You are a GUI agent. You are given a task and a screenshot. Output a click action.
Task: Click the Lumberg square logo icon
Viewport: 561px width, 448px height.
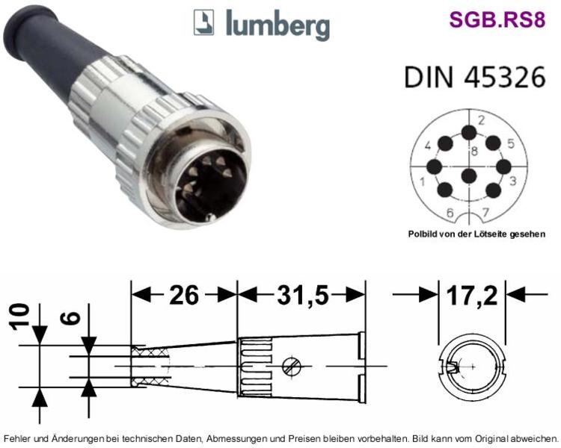[203, 22]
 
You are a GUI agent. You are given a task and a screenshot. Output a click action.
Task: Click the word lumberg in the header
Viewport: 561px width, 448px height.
[278, 25]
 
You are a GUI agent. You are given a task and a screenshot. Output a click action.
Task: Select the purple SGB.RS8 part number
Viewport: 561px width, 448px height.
[497, 19]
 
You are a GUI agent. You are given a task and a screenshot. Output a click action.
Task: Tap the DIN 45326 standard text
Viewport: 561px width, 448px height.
[475, 76]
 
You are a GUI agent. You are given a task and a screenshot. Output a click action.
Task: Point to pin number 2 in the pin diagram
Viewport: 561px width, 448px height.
[481, 120]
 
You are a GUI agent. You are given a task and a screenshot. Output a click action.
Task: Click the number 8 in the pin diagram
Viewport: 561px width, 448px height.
[474, 151]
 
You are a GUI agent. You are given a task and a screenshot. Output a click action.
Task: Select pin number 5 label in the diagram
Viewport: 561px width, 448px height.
[511, 143]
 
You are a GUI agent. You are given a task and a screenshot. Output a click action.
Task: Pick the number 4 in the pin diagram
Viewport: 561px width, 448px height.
[428, 146]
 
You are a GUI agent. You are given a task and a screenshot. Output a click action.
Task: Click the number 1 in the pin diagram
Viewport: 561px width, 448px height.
[422, 181]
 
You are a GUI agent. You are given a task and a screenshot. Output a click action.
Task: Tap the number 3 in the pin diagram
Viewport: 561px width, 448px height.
[512, 181]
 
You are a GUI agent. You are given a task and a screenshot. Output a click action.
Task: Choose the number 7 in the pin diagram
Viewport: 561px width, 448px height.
[485, 213]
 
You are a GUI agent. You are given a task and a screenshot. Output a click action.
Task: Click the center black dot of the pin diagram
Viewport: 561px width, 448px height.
[469, 175]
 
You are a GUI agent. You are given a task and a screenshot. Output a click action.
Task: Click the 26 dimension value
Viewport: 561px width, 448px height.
[183, 296]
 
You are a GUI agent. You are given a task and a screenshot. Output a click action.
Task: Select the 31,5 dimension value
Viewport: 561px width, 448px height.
[303, 296]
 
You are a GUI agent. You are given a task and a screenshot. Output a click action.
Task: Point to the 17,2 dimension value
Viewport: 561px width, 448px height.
[472, 296]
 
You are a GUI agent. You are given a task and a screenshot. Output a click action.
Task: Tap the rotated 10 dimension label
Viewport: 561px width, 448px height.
[19, 317]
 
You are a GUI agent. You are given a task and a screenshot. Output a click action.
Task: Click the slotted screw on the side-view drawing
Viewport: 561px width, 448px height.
[291, 367]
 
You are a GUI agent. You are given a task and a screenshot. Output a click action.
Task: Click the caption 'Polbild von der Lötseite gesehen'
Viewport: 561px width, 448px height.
[477, 234]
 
